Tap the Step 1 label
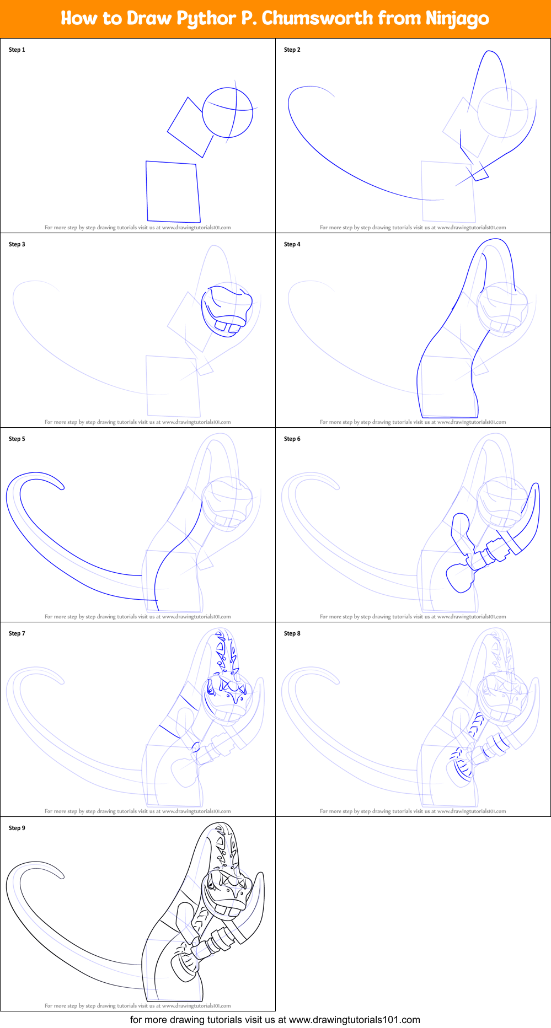(17, 50)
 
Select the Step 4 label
(292, 244)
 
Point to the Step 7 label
(17, 633)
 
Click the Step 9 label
(17, 828)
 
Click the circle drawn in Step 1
(228, 112)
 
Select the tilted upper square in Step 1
(190, 128)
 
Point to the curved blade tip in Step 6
(535, 488)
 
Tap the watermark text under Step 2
(413, 227)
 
